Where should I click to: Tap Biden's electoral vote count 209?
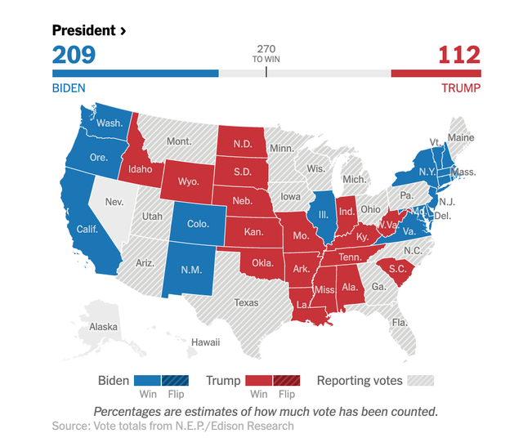[x=74, y=55]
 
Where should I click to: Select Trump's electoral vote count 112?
[x=459, y=55]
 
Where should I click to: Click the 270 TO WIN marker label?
[x=266, y=54]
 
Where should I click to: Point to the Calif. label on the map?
[x=87, y=230]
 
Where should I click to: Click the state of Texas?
[x=246, y=302]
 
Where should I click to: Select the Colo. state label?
[x=198, y=223]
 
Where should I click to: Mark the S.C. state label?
[x=397, y=269]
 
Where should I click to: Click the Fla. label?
[x=400, y=322]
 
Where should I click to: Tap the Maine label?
[x=461, y=138]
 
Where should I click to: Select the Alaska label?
[x=103, y=327]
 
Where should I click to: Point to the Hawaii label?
[x=205, y=342]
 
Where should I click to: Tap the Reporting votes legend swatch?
[x=420, y=380]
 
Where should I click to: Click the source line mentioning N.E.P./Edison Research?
[x=172, y=426]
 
